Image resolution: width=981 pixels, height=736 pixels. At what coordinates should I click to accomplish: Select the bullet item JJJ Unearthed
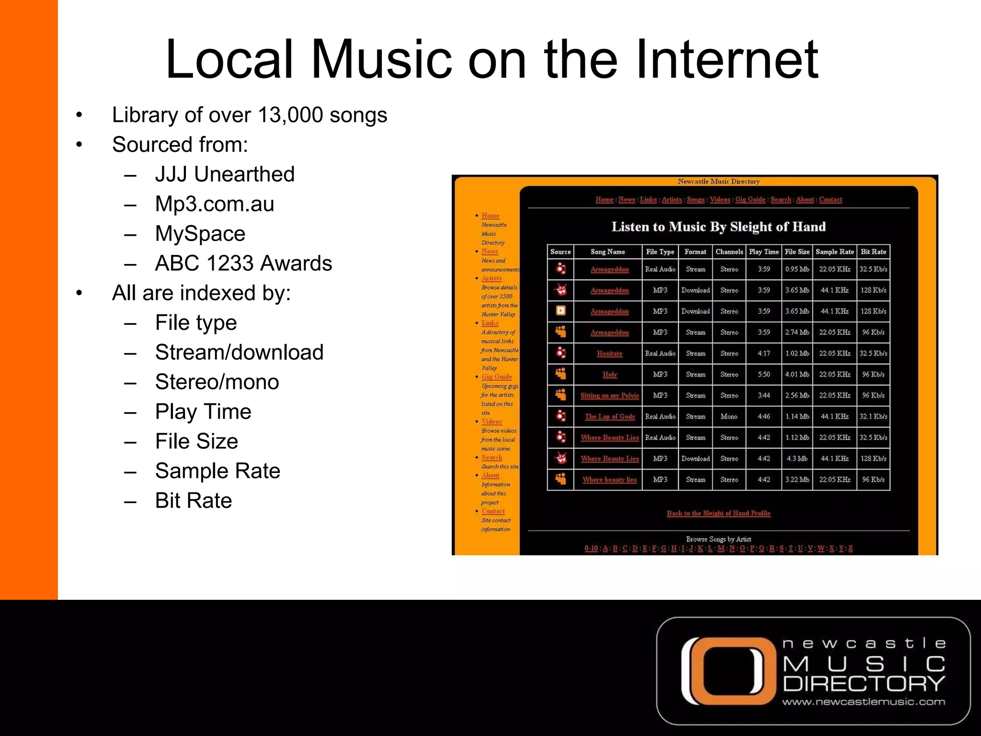tap(225, 174)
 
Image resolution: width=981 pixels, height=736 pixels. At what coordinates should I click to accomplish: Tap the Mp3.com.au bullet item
tap(215, 204)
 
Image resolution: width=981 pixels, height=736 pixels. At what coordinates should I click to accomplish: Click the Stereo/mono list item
tap(217, 382)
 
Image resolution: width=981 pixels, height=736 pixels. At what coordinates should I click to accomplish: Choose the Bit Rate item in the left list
tap(194, 501)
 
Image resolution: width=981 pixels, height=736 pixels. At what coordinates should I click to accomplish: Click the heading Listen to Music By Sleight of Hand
tap(719, 227)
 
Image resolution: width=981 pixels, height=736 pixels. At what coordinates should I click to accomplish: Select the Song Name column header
tap(607, 252)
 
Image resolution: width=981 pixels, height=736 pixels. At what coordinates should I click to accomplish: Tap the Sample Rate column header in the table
tap(834, 252)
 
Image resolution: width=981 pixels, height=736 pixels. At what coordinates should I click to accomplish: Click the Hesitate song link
tap(609, 354)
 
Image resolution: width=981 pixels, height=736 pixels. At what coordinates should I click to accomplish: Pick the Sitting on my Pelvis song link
tap(609, 396)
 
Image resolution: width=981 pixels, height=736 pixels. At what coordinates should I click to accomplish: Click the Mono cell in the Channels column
tap(729, 417)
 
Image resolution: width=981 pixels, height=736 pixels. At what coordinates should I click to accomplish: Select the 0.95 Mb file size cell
tap(797, 269)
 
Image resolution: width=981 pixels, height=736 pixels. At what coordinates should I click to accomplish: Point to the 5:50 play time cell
tap(764, 375)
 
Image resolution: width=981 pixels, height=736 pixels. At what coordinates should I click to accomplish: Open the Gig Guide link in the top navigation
tap(750, 200)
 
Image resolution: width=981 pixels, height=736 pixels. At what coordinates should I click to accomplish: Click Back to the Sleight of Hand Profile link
tap(719, 513)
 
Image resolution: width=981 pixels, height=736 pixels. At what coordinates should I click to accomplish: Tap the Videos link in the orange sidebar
tap(492, 422)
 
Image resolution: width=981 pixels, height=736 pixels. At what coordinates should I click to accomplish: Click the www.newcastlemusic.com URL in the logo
tap(864, 702)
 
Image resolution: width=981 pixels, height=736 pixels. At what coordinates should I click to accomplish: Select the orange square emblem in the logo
tap(728, 670)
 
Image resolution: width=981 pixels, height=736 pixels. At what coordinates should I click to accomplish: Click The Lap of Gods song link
tap(609, 417)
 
